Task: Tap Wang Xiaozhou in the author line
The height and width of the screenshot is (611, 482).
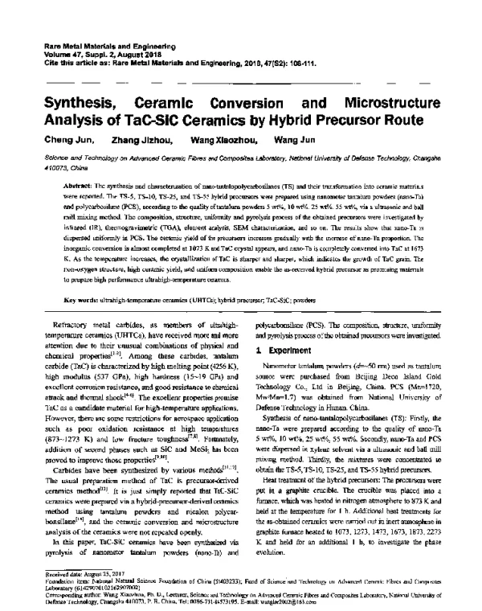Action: click(x=227, y=141)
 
